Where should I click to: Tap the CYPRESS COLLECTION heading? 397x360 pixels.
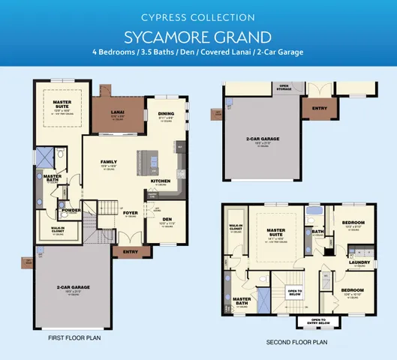198,17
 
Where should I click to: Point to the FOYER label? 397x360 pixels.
130,212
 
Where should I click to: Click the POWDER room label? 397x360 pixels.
72,210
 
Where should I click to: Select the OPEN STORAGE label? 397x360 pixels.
284,86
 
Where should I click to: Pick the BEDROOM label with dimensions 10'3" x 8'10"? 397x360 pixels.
353,223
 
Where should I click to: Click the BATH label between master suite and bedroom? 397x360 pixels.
318,232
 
